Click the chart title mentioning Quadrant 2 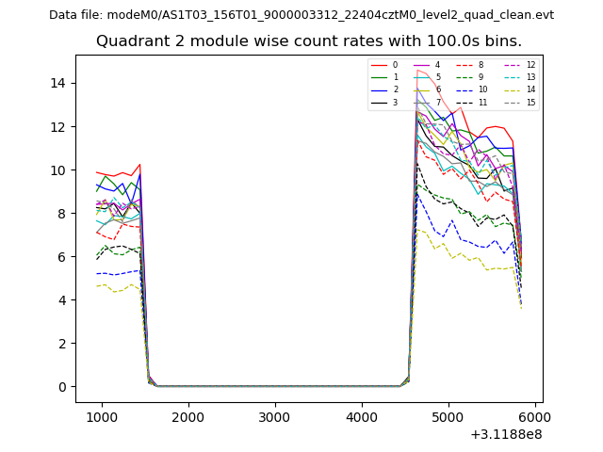308,41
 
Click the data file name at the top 301,15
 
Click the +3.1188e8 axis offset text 505,434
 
